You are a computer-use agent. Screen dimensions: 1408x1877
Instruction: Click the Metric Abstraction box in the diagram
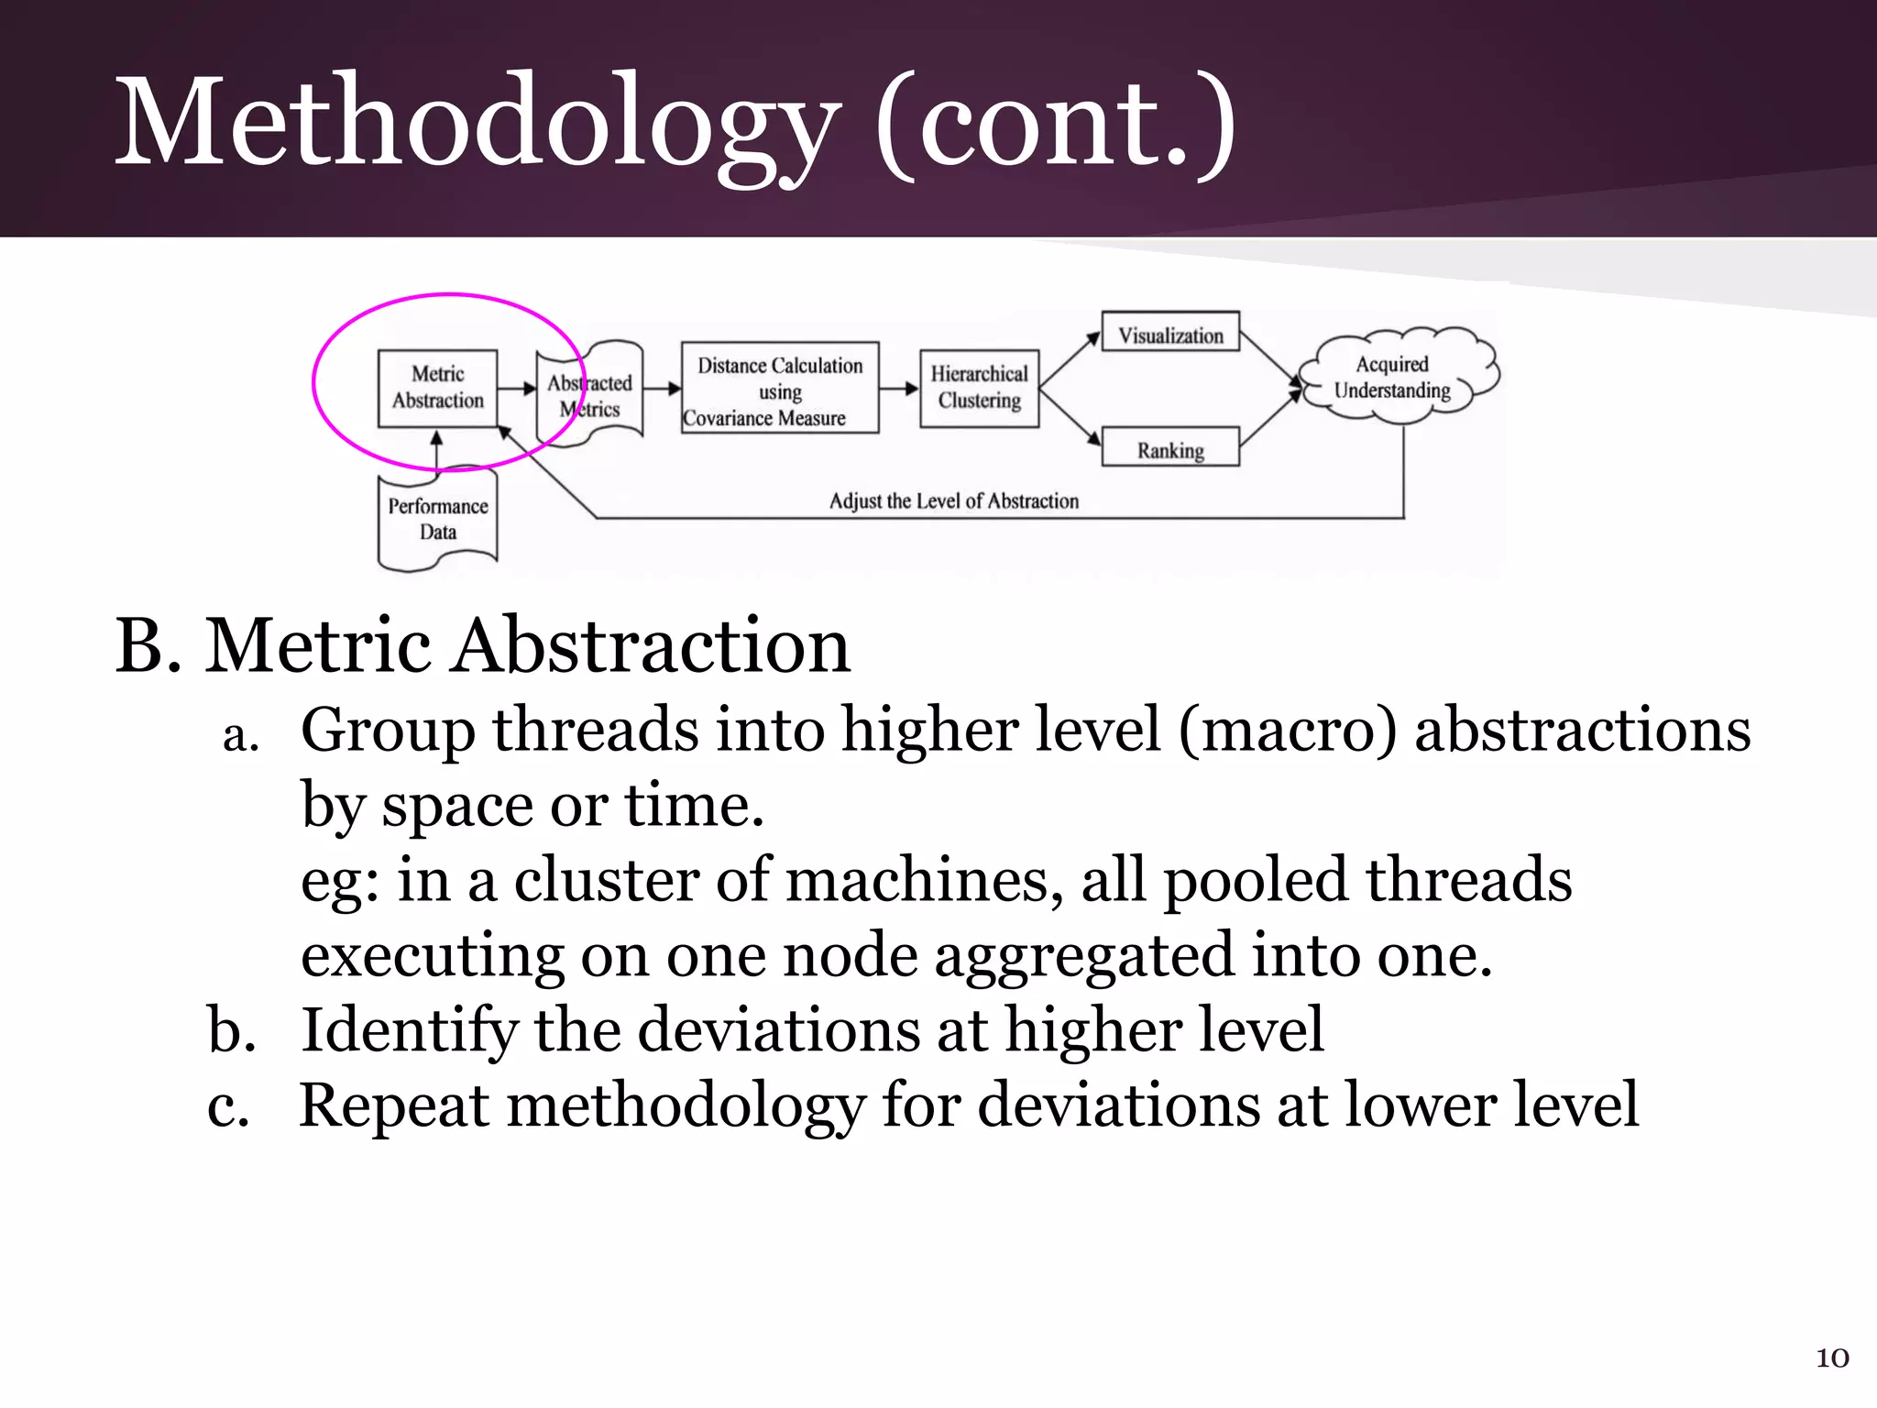pos(437,388)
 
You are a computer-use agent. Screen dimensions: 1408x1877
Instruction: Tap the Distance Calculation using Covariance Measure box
pos(779,389)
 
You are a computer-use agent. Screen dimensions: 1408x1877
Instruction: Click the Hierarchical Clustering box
pos(979,388)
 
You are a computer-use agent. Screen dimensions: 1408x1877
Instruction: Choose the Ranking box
pos(1170,449)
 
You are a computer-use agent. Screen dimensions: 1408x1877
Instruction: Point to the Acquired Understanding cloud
pos(1394,377)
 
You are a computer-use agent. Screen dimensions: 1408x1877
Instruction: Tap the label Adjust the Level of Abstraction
pos(953,501)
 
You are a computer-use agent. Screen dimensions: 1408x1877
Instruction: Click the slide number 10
pos(1832,1358)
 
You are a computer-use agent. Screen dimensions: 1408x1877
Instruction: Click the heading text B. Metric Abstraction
pos(483,646)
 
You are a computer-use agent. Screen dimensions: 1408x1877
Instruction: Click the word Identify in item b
pos(409,1030)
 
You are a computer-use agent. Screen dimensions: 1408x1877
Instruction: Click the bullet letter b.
pos(231,1030)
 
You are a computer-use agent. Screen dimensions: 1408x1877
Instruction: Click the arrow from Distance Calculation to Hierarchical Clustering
pos(898,389)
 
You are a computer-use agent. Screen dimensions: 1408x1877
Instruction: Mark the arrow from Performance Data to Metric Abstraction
pos(437,450)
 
